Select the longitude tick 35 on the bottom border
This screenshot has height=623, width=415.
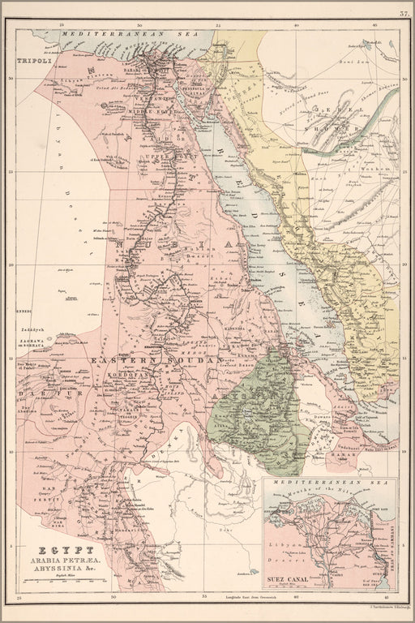(x=205, y=598)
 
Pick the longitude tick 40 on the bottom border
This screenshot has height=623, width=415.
(x=297, y=598)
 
